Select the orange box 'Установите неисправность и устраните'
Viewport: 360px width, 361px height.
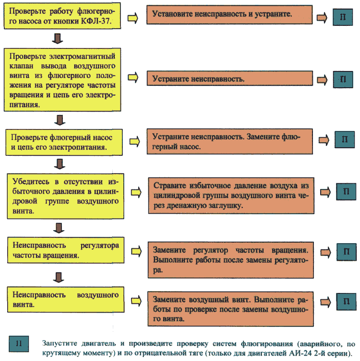coord(229,15)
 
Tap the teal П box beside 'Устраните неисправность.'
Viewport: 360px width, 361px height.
coord(343,80)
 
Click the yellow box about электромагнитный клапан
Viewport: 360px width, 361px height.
coord(62,80)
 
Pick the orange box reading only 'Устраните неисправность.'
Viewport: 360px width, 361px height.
coord(230,78)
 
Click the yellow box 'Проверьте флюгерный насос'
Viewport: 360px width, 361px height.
coord(64,142)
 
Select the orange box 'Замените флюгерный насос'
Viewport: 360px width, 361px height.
coord(230,141)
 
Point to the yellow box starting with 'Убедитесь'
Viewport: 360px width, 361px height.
coord(65,196)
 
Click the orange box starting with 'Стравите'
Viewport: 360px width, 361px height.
coord(231,196)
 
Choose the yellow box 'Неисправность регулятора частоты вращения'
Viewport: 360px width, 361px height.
coord(66,250)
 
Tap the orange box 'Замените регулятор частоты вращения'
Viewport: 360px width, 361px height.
coord(231,260)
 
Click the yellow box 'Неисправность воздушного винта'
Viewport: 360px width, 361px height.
coord(66,300)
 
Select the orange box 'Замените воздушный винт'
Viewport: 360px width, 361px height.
coord(231,309)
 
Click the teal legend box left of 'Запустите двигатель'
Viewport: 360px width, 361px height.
coord(19,344)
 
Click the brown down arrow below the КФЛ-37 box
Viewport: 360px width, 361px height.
coord(58,38)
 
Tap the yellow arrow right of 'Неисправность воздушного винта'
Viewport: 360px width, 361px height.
coord(136,301)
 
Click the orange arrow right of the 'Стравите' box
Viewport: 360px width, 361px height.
coord(325,192)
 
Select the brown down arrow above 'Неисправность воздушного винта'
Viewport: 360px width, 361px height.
coord(59,278)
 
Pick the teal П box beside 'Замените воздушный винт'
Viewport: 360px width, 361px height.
coord(347,302)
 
